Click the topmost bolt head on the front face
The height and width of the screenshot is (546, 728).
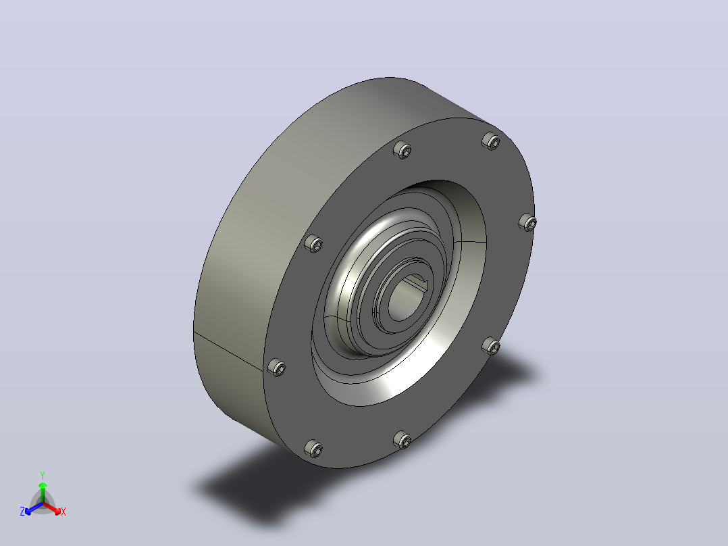pyautogui.click(x=491, y=141)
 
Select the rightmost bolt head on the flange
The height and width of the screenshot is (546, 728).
pyautogui.click(x=527, y=222)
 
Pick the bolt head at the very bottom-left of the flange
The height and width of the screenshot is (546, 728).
pyautogui.click(x=313, y=449)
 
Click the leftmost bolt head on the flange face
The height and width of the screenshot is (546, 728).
pyautogui.click(x=277, y=368)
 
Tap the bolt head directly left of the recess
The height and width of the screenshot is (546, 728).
pyautogui.click(x=313, y=243)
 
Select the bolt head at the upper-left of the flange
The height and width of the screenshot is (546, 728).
pyautogui.click(x=402, y=149)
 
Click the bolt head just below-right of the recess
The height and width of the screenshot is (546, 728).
pyautogui.click(x=491, y=346)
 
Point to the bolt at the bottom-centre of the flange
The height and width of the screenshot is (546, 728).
pyautogui.click(x=402, y=440)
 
